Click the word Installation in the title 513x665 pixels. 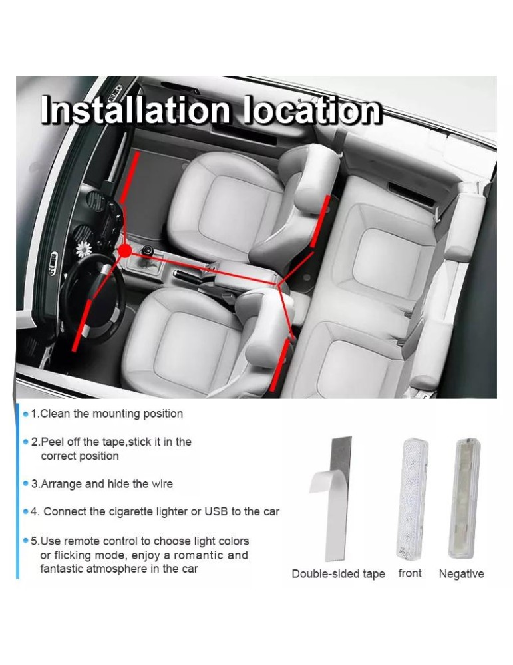click(x=135, y=110)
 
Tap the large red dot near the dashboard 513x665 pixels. click(x=124, y=251)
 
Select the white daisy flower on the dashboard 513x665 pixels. click(x=84, y=249)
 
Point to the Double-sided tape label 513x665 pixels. click(x=338, y=574)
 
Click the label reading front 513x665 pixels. click(x=410, y=573)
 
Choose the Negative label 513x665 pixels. click(x=461, y=574)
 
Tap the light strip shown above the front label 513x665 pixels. click(x=413, y=498)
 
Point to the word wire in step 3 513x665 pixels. click(x=162, y=484)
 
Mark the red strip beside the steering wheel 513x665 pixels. click(x=81, y=325)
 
